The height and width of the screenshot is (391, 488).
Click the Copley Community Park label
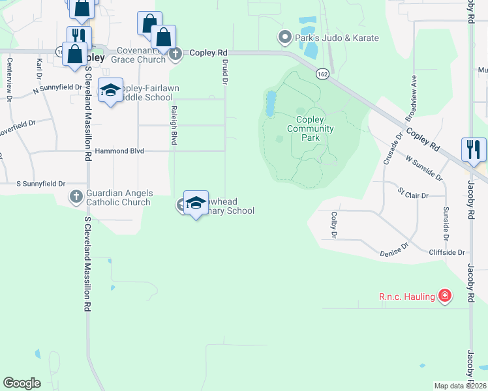pyautogui.click(x=310, y=128)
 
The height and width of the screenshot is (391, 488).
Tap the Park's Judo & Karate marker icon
pyautogui.click(x=284, y=37)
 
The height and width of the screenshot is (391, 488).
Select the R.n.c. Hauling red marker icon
pyautogui.click(x=445, y=297)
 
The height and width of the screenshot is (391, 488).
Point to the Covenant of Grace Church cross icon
pyautogui.click(x=175, y=55)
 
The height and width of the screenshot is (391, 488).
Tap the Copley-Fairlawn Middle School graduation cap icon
pyautogui.click(x=110, y=91)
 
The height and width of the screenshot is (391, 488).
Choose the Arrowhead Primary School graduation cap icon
pyautogui.click(x=196, y=203)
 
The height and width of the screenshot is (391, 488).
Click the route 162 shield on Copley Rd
pyautogui.click(x=322, y=75)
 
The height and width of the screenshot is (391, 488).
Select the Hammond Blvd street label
pyautogui.click(x=119, y=151)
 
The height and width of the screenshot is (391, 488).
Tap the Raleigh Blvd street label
pyautogui.click(x=174, y=124)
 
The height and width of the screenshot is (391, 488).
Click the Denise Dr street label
pyautogui.click(x=394, y=247)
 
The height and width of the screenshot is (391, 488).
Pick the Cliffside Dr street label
pyautogui.click(x=447, y=252)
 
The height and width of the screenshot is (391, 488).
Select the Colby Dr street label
pyautogui.click(x=334, y=224)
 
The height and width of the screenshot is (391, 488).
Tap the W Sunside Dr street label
pyautogui.click(x=423, y=167)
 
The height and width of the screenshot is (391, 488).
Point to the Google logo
pyautogui.click(x=22, y=383)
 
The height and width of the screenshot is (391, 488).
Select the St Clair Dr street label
pyautogui.click(x=413, y=194)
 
